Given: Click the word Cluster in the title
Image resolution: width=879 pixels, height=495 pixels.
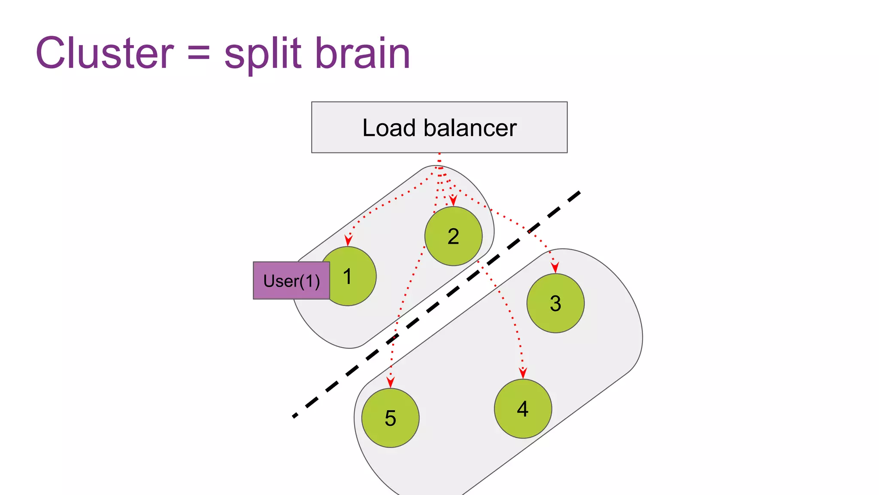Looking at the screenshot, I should point(105,53).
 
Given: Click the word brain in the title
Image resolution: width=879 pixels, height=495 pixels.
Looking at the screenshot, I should point(363,53).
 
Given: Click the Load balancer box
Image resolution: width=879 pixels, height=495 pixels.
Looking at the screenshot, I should point(439,127).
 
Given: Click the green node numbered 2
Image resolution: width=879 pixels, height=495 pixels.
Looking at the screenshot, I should point(453,236).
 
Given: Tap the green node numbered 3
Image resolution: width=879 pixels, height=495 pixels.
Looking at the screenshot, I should point(555,303).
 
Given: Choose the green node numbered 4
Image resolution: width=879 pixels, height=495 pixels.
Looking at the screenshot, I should point(523,409).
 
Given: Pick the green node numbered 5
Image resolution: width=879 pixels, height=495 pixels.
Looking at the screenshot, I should point(390,418).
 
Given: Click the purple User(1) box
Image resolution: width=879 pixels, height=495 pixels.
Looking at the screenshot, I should point(291,281).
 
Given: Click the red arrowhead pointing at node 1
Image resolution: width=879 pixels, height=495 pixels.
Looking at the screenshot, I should point(349,241).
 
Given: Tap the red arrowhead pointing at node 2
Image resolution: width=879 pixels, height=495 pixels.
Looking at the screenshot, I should point(453,201).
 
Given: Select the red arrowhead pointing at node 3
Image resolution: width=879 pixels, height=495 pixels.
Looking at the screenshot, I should point(555,267).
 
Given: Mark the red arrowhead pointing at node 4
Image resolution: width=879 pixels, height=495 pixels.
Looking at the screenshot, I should point(523,373).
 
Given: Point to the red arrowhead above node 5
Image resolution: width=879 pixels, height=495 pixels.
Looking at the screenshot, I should point(390,382).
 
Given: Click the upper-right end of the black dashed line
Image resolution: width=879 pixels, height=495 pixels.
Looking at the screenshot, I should point(578,193).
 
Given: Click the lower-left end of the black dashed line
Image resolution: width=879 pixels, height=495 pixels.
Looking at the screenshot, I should point(295,416).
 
